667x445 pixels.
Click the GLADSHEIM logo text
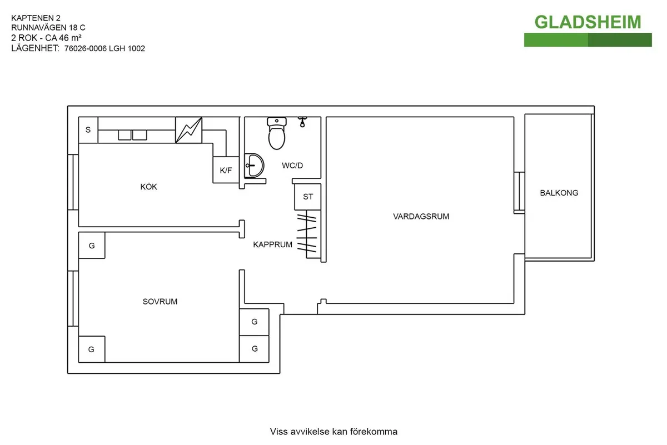(x=588, y=22)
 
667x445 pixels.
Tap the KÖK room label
(x=148, y=187)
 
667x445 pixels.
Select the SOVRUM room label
(x=160, y=302)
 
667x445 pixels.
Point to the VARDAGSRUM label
(x=421, y=217)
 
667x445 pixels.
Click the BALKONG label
(x=559, y=193)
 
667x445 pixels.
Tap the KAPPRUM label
(x=272, y=244)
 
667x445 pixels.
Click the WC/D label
(x=292, y=166)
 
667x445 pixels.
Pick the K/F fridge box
(x=226, y=171)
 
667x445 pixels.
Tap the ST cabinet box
(x=308, y=197)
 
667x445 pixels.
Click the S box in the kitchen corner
(x=88, y=130)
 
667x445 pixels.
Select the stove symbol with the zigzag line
(x=189, y=130)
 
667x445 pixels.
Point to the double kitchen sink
(x=132, y=134)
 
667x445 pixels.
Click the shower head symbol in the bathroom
(x=303, y=122)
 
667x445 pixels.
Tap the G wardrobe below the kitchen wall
(x=92, y=245)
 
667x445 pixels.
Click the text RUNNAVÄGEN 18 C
(x=48, y=27)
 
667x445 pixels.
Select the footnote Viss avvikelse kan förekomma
(x=333, y=432)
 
